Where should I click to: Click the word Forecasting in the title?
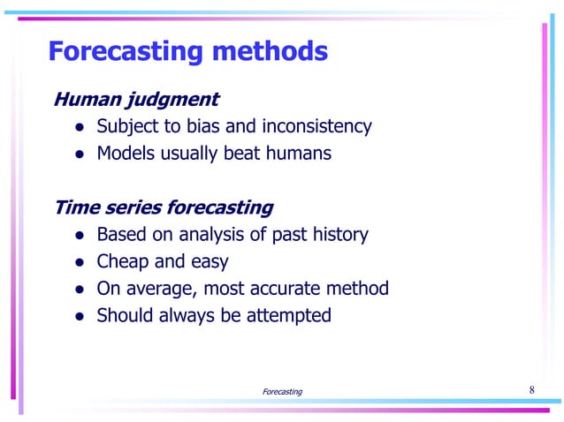coord(125,51)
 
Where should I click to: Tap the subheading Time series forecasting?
coord(164,208)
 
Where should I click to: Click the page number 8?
coord(531,390)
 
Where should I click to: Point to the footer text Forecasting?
coord(282,391)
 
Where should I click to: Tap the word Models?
coord(124,154)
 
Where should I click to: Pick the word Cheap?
coord(123,262)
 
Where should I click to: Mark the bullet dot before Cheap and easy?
coord(79,263)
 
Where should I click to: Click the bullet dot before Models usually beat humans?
coord(79,154)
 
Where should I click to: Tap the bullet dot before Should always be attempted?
coord(79,316)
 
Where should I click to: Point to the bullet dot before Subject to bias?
coord(79,127)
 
